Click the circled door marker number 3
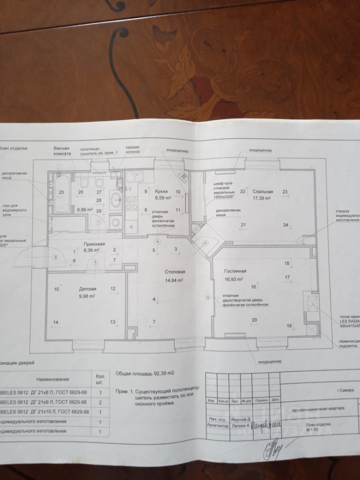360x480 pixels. pos(56,256)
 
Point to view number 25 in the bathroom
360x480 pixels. pos(62,192)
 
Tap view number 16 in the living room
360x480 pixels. pos(253,287)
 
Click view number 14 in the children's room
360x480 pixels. pos(56,322)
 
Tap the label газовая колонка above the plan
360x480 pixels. pos(132,150)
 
